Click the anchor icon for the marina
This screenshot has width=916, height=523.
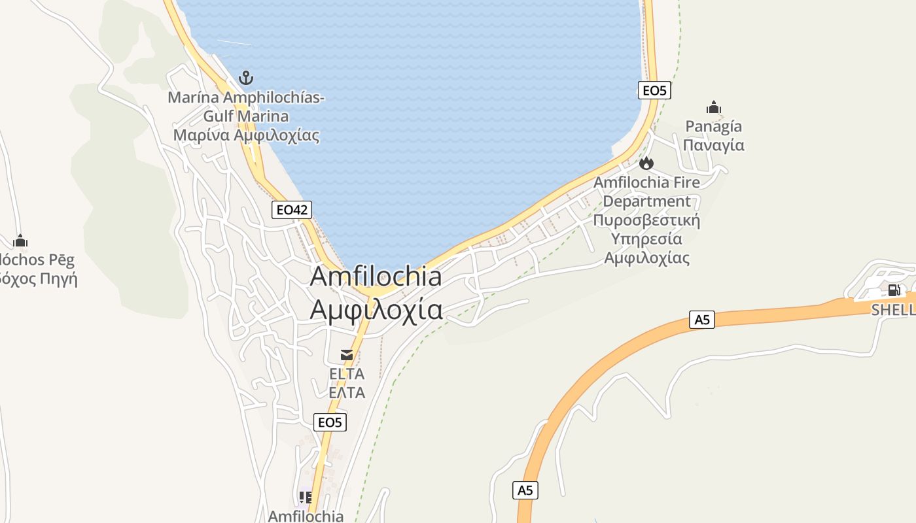click(x=245, y=78)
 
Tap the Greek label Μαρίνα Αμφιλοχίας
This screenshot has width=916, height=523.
click(x=246, y=135)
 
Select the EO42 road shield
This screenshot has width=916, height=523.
click(x=292, y=210)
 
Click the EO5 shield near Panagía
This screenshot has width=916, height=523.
click(x=654, y=90)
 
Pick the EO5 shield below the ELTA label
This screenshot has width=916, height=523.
click(x=330, y=422)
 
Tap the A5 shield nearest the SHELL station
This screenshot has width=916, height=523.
click(x=702, y=320)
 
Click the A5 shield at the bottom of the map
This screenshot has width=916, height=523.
click(x=525, y=490)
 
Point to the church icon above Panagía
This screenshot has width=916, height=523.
click(x=713, y=107)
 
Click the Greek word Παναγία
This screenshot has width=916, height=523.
click(x=713, y=144)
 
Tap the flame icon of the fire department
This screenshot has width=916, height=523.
click(x=646, y=163)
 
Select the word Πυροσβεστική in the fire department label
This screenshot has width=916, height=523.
click(x=646, y=220)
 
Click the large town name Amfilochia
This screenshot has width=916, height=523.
click(x=376, y=276)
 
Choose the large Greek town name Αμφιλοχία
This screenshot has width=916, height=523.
click(x=376, y=309)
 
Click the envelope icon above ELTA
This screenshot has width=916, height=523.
click(x=347, y=355)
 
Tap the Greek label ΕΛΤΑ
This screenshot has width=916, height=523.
click(x=347, y=393)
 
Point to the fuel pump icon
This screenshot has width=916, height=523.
click(x=894, y=290)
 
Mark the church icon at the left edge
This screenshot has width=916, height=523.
click(x=20, y=241)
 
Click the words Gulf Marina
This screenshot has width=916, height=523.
click(x=246, y=116)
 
